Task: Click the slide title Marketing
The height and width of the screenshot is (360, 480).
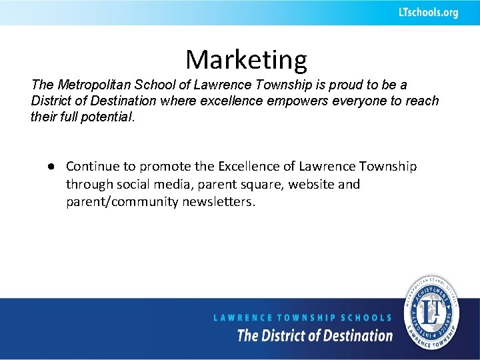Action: pyautogui.click(x=246, y=60)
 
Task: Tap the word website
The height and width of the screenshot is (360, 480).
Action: pyautogui.click(x=318, y=184)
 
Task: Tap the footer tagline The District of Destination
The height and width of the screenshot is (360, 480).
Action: pyautogui.click(x=315, y=335)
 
